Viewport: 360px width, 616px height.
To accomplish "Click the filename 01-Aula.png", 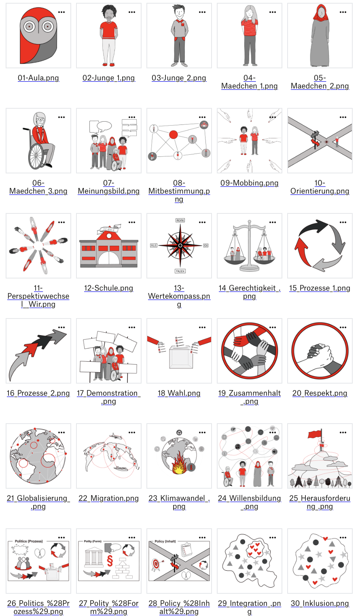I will tap(38, 78).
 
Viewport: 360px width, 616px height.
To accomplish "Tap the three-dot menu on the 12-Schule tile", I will tap(132, 222).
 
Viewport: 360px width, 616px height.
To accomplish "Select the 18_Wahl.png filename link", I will tap(179, 393).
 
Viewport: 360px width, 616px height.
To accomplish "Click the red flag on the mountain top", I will tap(315, 435).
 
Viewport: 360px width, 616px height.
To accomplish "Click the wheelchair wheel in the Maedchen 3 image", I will tap(36, 155).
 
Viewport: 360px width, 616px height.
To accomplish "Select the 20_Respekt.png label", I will tap(320, 393).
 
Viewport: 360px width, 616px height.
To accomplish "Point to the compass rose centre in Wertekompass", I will tap(180, 245).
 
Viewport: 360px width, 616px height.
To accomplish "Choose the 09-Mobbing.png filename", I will tap(249, 183).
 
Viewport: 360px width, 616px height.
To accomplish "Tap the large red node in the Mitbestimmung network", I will tap(174, 135).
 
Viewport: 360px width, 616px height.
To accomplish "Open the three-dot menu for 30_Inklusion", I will tap(343, 538).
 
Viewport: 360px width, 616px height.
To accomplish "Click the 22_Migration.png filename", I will tap(108, 498).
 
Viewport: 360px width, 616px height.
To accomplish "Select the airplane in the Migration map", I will tap(116, 436).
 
